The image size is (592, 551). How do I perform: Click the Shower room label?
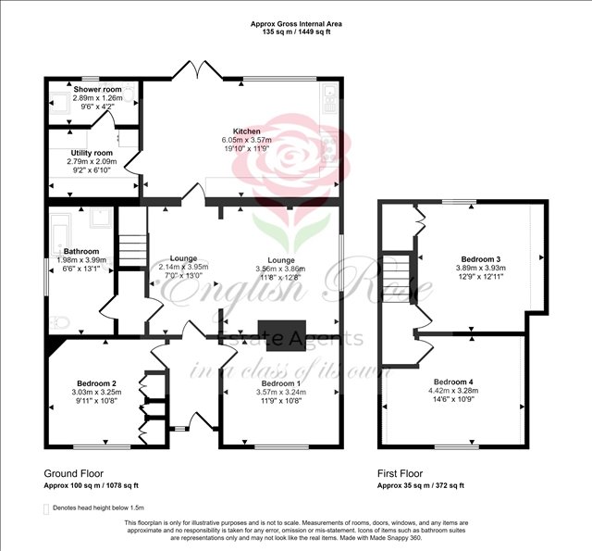tap(98, 90)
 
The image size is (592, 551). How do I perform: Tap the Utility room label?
tap(90, 153)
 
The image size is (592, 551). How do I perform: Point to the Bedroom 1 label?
tap(281, 383)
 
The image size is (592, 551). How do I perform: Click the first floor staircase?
tap(398, 269)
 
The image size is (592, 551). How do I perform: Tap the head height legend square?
tap(47, 508)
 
